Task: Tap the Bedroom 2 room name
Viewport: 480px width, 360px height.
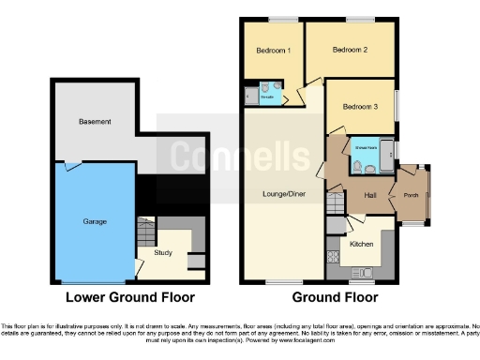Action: (349, 50)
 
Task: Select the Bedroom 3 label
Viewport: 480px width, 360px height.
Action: (359, 107)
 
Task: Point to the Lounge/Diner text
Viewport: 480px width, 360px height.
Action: (280, 194)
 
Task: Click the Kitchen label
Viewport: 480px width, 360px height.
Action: (362, 243)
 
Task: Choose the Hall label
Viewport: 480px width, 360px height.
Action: (369, 196)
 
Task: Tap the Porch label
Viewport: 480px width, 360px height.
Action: (411, 196)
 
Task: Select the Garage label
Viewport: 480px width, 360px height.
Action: (95, 221)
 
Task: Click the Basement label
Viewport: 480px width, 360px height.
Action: (95, 122)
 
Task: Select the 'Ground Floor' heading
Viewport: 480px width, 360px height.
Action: (335, 298)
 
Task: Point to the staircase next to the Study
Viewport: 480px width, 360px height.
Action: (145, 230)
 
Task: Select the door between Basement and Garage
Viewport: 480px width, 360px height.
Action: (71, 166)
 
